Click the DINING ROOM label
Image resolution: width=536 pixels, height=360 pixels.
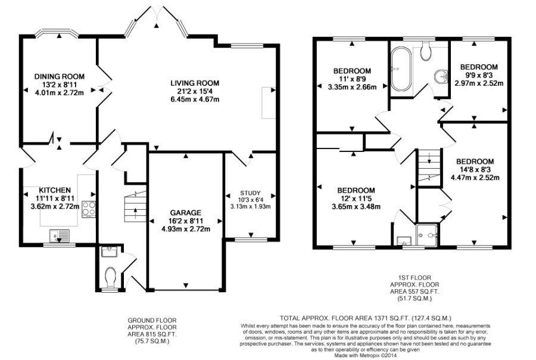(59, 76)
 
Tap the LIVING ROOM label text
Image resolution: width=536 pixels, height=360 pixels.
(195, 83)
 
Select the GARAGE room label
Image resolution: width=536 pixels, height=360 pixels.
(185, 212)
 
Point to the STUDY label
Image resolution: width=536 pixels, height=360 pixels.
(250, 193)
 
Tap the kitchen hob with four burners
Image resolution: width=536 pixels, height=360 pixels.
(89, 209)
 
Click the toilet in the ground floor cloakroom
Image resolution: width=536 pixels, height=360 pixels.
(110, 277)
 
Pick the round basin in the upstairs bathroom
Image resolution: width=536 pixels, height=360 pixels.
(441, 76)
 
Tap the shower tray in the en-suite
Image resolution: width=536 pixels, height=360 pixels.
(429, 235)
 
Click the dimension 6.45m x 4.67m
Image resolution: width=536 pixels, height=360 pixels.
(195, 99)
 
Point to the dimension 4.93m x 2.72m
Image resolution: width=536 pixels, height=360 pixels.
(185, 228)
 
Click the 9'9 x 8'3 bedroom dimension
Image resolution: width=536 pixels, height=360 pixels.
(479, 75)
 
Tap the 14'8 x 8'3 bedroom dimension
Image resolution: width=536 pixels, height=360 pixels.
(475, 169)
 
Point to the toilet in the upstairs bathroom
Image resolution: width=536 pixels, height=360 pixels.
(425, 52)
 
